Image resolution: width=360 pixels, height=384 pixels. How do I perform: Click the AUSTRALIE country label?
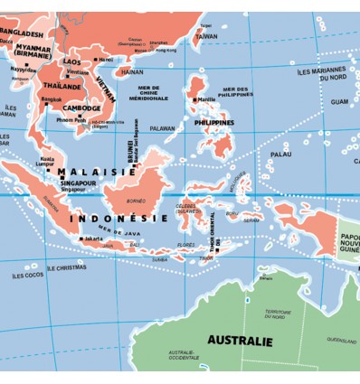[240, 341]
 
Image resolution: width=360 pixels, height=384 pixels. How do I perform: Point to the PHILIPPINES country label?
[213, 122]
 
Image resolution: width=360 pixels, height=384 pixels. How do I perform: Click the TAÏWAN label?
[206, 36]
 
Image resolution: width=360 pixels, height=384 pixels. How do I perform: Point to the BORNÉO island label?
[136, 200]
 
